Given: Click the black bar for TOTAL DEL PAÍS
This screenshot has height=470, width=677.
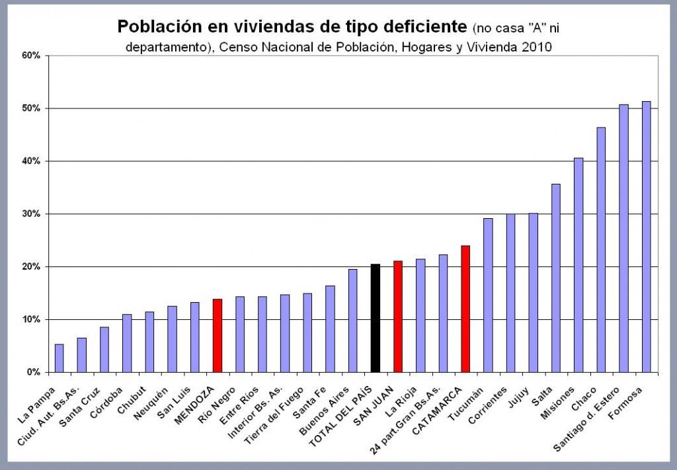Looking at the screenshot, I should click(375, 318).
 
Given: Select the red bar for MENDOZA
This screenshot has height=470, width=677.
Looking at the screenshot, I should click(217, 336).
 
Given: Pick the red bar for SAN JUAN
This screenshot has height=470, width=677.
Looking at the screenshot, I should click(397, 317).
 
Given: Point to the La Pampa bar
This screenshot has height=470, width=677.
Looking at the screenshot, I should click(59, 358).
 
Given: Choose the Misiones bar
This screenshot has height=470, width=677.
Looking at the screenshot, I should click(578, 265).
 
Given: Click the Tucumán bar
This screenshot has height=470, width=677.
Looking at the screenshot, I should click(488, 295).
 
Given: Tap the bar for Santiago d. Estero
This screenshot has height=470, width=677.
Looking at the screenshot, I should click(623, 239).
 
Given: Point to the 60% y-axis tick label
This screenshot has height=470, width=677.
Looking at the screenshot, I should click(32, 56).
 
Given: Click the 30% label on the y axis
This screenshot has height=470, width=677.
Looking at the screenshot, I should click(32, 214).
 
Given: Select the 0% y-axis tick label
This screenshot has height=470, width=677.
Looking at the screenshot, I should click(34, 373).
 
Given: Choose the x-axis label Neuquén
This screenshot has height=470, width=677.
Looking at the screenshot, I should click(163, 395).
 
